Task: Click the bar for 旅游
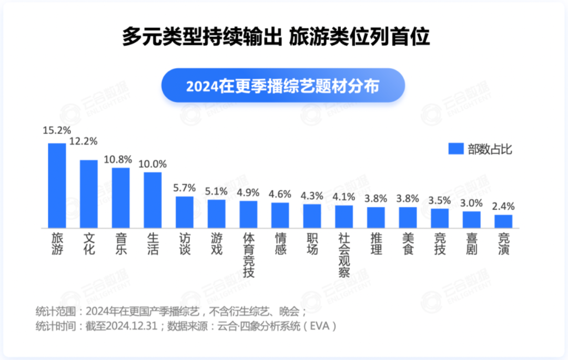click(x=57, y=186)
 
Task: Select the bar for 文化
click(x=89, y=194)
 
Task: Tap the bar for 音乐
click(x=121, y=198)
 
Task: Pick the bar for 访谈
click(x=185, y=212)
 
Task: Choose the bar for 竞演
click(x=503, y=221)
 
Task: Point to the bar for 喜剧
click(x=471, y=220)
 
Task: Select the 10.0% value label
click(x=153, y=163)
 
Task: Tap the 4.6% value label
click(x=280, y=194)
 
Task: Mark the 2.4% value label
click(x=503, y=206)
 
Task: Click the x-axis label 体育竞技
click(x=248, y=256)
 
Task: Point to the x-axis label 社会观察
click(x=344, y=256)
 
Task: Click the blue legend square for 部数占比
click(x=455, y=149)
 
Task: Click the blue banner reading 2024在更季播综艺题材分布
click(x=283, y=86)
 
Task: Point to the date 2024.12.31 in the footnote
click(x=131, y=326)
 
